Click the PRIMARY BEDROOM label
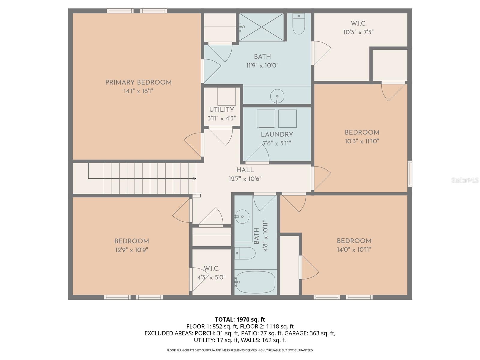click(x=138, y=82)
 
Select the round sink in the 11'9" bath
click(x=277, y=96)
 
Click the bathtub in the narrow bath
click(x=255, y=282)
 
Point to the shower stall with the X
click(x=262, y=27)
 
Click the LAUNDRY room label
click(x=277, y=134)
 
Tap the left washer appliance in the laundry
click(x=266, y=118)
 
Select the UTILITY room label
click(x=222, y=109)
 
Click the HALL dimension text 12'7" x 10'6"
click(x=245, y=179)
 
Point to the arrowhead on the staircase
click(x=194, y=178)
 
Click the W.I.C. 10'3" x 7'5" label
click(x=358, y=28)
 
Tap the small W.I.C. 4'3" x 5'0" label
click(x=211, y=273)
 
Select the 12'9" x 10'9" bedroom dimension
click(x=131, y=250)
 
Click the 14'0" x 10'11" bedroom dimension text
click(x=354, y=250)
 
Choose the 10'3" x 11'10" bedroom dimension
click(x=362, y=141)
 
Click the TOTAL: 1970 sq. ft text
click(x=240, y=319)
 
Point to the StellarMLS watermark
click(x=465, y=180)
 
